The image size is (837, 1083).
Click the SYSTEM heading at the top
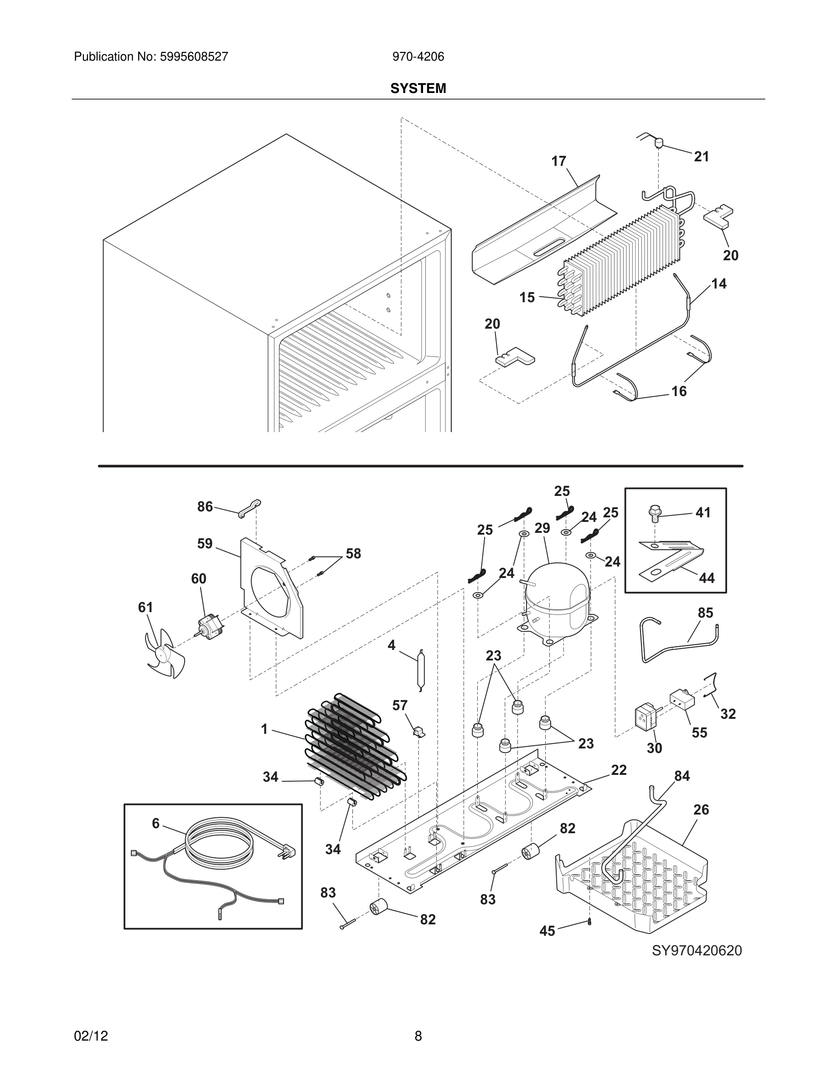pos(418,88)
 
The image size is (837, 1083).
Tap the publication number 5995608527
pos(193,57)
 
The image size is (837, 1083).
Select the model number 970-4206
pos(418,57)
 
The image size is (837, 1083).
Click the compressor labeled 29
pos(558,600)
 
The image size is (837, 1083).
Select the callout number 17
pos(558,161)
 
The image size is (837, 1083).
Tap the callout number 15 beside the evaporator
pos(527,297)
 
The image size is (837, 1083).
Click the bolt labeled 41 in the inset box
pos(654,514)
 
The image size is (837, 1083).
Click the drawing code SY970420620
pos(696,951)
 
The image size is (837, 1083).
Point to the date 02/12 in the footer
pos(91,1036)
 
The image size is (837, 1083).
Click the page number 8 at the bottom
pos(418,1036)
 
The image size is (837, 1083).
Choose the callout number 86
pos(205,506)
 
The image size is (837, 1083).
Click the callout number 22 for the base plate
pos(618,770)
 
